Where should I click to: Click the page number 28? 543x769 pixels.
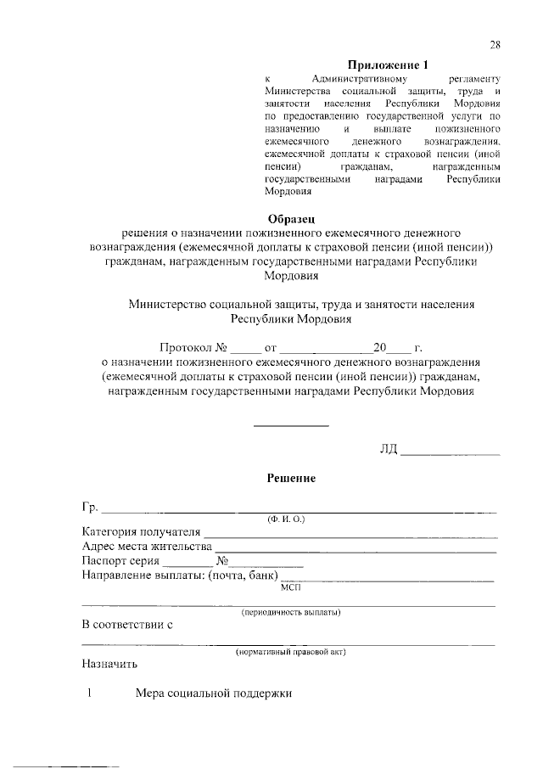pyautogui.click(x=495, y=45)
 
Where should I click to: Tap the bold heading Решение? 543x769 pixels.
pyautogui.click(x=291, y=479)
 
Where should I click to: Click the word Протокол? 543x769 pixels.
pyautogui.click(x=185, y=348)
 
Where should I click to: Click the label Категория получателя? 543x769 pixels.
pyautogui.click(x=140, y=531)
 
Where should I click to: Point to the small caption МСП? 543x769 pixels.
pyautogui.click(x=290, y=586)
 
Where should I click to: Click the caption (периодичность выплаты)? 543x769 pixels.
pyautogui.click(x=291, y=612)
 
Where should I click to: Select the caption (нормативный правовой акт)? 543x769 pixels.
pyautogui.click(x=290, y=652)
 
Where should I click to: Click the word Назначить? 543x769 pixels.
pyautogui.click(x=109, y=665)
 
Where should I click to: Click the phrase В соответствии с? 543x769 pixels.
pyautogui.click(x=127, y=626)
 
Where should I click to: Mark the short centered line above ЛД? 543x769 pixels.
pyautogui.click(x=291, y=425)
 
